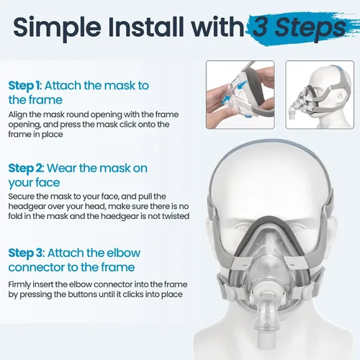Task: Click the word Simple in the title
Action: point(57,27)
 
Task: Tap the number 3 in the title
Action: point(261,27)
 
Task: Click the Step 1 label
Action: point(24,86)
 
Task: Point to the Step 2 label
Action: point(26,168)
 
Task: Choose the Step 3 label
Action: point(27,253)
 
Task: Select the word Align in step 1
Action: point(17,115)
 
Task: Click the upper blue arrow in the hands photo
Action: point(243,84)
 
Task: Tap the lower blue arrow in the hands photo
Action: point(226,99)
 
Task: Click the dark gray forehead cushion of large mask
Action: point(269,221)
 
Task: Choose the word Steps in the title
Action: point(310,28)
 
